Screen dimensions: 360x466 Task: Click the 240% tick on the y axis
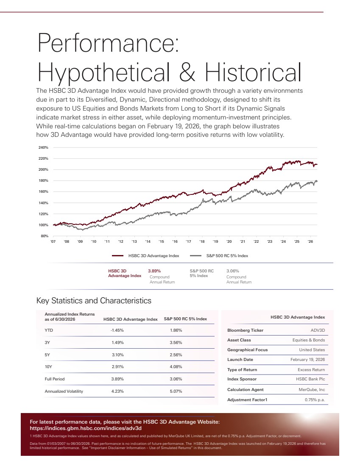pyautogui.click(x=43, y=147)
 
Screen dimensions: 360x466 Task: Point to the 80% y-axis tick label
pyautogui.click(x=45, y=236)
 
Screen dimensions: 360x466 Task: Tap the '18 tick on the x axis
pyautogui.click(x=202, y=241)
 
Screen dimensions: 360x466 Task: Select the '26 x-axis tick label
pyautogui.click(x=310, y=241)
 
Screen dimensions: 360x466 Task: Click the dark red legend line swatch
pyautogui.click(x=117, y=255)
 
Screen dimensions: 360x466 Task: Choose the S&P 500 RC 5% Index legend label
pyautogui.click(x=227, y=255)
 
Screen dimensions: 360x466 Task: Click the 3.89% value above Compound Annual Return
pyautogui.click(x=154, y=271)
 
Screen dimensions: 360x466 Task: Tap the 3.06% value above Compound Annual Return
pyautogui.click(x=233, y=271)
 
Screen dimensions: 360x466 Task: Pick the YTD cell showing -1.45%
pyautogui.click(x=117, y=330)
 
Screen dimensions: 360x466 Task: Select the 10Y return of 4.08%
pyautogui.click(x=176, y=367)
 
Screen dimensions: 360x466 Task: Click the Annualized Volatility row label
pyautogui.click(x=64, y=391)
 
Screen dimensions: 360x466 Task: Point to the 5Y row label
pyautogui.click(x=47, y=355)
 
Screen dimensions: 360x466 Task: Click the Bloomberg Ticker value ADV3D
pyautogui.click(x=318, y=330)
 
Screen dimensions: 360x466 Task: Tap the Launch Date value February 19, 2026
pyautogui.click(x=308, y=360)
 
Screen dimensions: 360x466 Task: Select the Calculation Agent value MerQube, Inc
pyautogui.click(x=312, y=390)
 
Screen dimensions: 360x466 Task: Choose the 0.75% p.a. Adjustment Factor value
pyautogui.click(x=315, y=400)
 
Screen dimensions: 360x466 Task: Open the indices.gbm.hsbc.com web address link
pyautogui.click(x=86, y=428)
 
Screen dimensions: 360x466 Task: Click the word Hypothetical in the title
pyautogui.click(x=104, y=72)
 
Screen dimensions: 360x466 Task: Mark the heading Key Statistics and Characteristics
pyautogui.click(x=94, y=300)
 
